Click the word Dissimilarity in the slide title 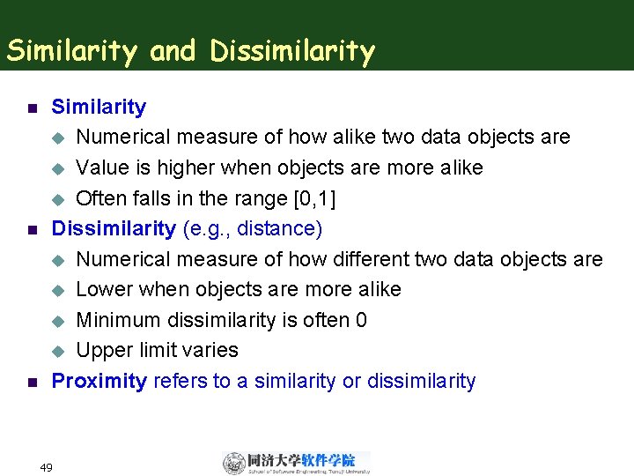tap(292, 52)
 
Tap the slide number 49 tap(47, 467)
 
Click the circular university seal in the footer tap(234, 463)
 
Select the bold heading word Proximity tap(99, 381)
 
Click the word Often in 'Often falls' tap(101, 198)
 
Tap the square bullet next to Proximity tap(31, 383)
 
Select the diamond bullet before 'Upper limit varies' tap(59, 352)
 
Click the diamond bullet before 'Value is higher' tap(59, 168)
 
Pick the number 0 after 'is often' tap(361, 320)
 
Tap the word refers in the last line tap(180, 381)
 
